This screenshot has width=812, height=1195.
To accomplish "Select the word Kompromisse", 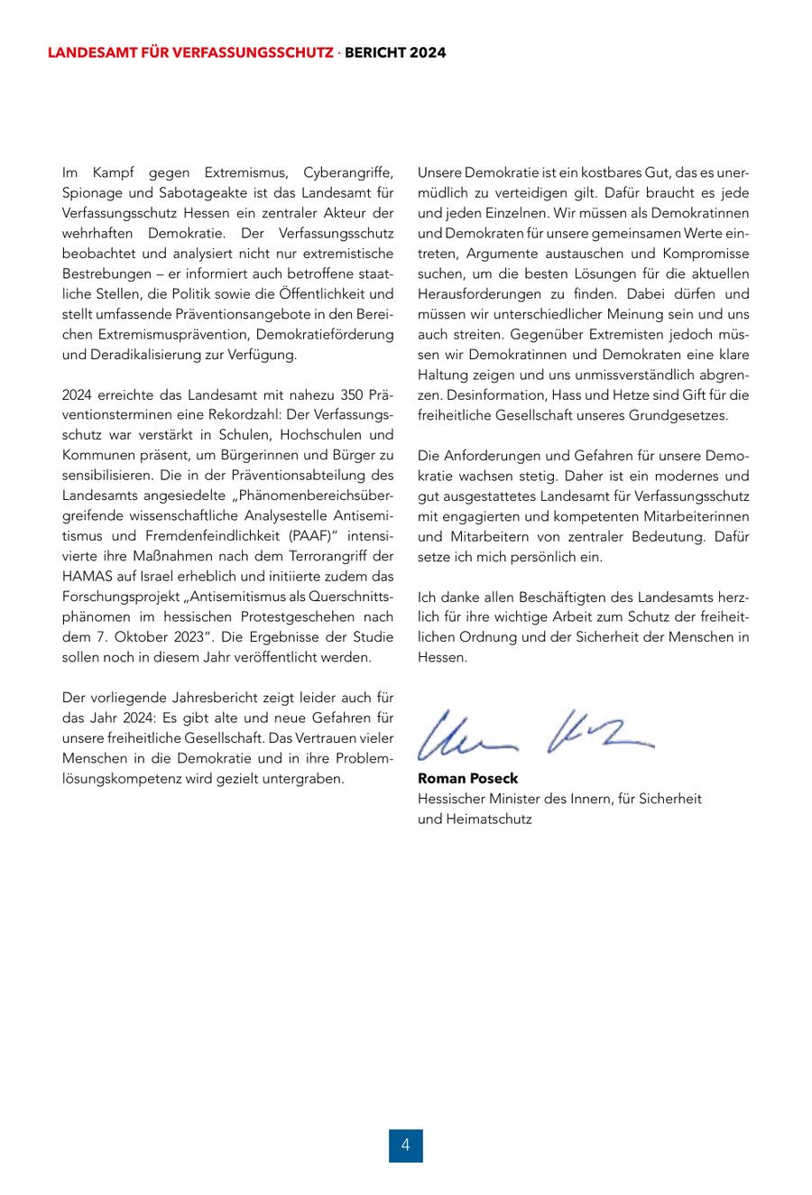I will pyautogui.click(x=706, y=253).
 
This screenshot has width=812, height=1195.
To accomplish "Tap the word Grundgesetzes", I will pyautogui.click(x=683, y=415).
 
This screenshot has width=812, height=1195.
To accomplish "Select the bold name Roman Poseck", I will pyautogui.click(x=467, y=778).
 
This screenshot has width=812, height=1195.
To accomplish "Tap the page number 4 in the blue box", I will pyautogui.click(x=406, y=1145).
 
